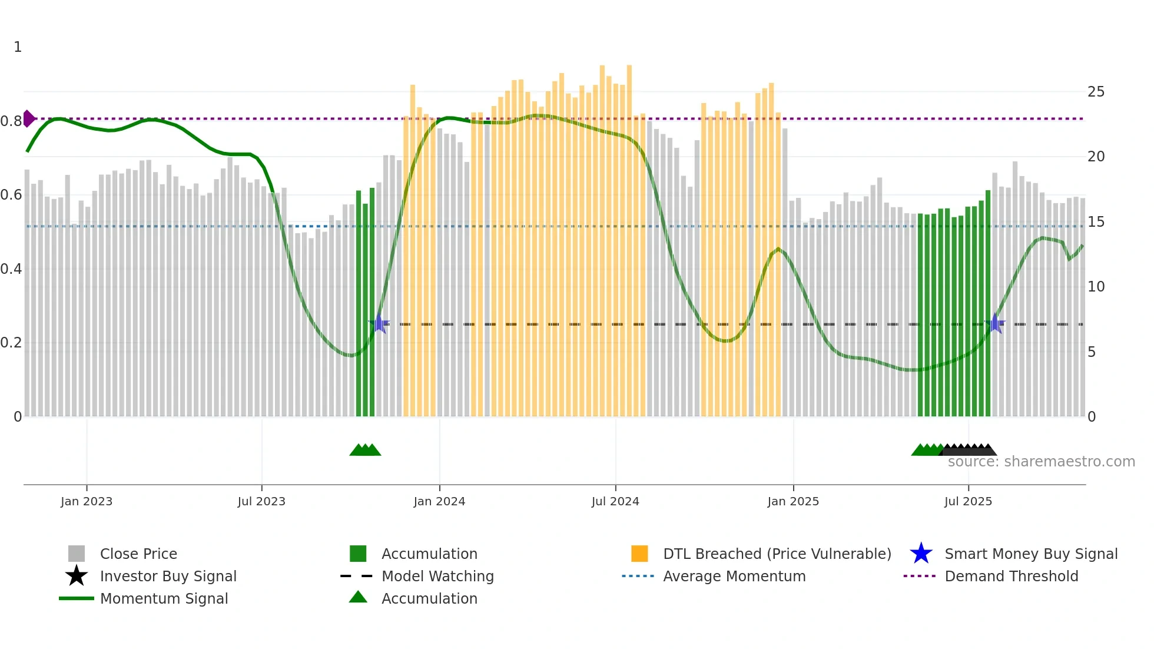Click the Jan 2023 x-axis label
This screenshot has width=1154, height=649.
pos(87,501)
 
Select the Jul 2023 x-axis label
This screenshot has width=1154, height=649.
pos(261,501)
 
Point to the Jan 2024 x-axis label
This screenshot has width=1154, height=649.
pos(439,501)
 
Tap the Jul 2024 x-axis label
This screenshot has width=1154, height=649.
pos(615,501)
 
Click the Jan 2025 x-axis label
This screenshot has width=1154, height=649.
pos(793,501)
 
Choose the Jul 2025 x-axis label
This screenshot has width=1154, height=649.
pos(968,501)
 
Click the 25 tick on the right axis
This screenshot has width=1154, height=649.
pos(1096,92)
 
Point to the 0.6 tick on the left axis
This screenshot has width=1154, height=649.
pos(11,195)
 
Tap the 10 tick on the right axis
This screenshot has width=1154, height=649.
pos(1096,287)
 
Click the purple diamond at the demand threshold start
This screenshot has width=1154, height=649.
pos(28,118)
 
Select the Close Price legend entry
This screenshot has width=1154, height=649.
pos(138,554)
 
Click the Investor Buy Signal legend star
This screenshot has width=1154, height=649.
pos(77,576)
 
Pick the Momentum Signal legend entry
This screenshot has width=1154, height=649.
pos(164,598)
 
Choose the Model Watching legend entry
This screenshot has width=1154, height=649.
pos(437,576)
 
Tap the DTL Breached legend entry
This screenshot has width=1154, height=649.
pos(777,554)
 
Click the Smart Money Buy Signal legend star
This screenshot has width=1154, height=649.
pos(921,554)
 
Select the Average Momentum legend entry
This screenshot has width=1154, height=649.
pos(734,576)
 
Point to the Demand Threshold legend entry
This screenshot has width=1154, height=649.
pos(1011,576)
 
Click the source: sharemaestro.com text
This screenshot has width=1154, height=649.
pos(1041,462)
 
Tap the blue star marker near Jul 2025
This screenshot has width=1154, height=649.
pos(995,323)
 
